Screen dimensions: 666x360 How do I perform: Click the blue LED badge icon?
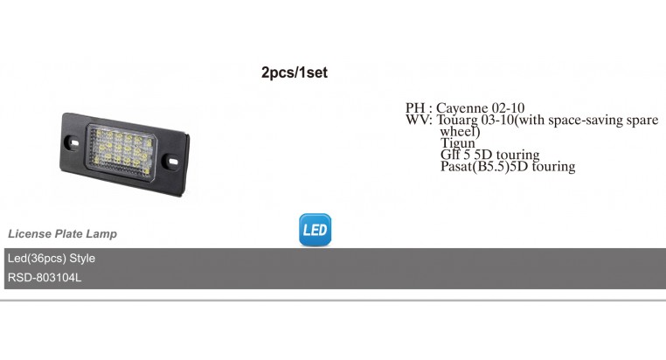click(x=315, y=230)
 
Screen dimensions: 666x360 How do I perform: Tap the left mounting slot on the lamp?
click(x=73, y=143)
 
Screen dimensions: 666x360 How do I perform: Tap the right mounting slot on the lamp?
click(x=172, y=162)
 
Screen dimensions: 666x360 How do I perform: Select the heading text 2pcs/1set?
click(x=295, y=73)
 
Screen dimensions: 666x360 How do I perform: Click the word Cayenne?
click(x=461, y=107)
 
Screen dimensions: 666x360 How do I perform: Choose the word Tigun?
click(x=457, y=142)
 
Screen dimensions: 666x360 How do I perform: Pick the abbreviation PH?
click(x=415, y=107)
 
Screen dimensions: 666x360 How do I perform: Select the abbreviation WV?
click(x=417, y=120)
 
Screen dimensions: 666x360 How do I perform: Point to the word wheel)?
click(x=460, y=131)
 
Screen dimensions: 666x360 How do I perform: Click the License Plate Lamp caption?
click(x=62, y=234)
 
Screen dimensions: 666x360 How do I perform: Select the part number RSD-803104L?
click(x=45, y=278)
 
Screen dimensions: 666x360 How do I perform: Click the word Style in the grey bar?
click(x=82, y=258)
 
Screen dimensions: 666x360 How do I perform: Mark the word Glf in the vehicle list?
click(x=449, y=154)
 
